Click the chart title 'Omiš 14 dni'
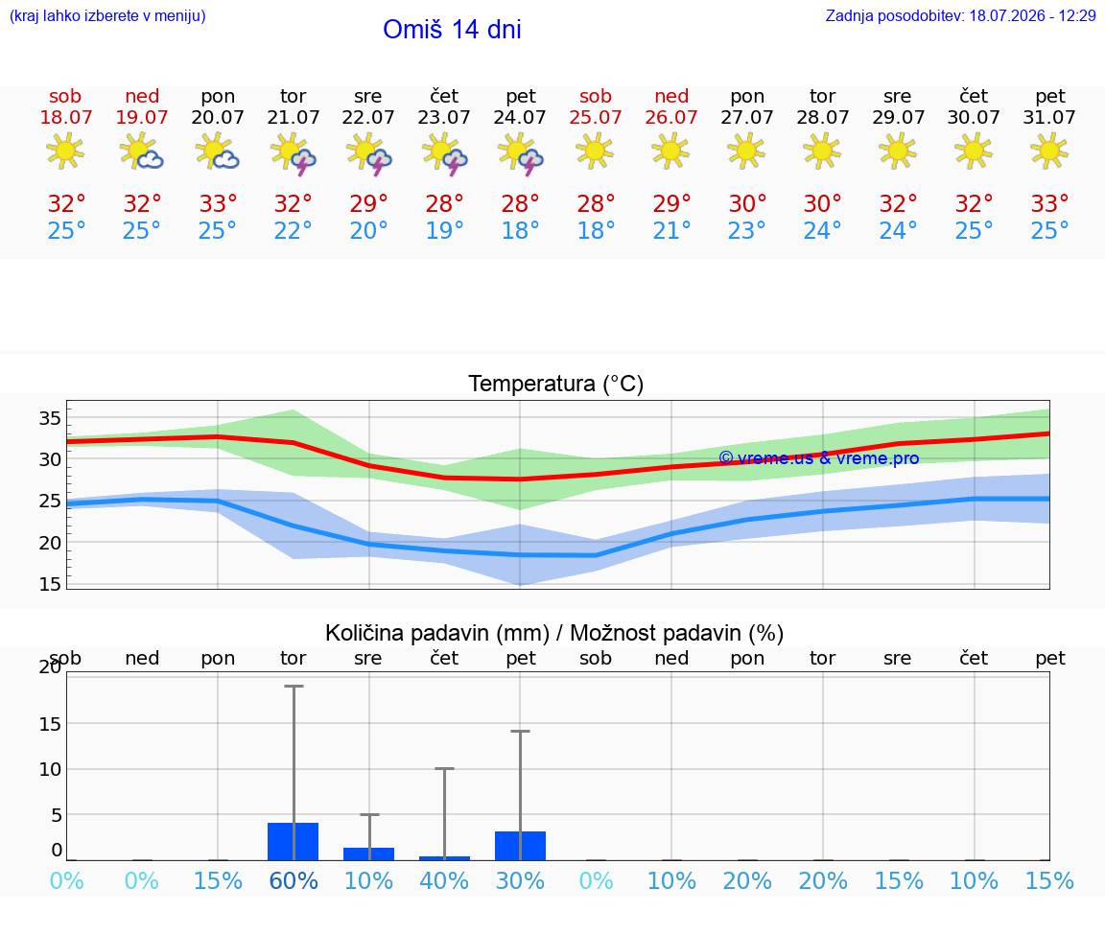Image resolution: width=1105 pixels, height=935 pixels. [452, 30]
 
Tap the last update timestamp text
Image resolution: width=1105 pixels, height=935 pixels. [960, 16]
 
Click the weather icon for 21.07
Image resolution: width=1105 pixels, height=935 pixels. [294, 153]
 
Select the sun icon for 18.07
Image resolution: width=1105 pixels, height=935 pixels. [65, 151]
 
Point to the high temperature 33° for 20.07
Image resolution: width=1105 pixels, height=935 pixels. [218, 203]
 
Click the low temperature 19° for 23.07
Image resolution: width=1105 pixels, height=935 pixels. [445, 230]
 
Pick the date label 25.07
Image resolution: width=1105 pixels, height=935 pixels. [596, 117]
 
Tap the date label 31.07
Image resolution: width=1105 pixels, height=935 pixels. [1049, 117]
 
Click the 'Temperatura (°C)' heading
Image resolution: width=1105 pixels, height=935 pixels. [556, 384]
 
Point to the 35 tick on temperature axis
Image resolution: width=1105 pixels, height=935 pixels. [50, 418]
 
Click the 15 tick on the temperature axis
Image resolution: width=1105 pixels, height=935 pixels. [50, 584]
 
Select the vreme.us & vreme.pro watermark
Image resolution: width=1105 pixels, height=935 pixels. [819, 458]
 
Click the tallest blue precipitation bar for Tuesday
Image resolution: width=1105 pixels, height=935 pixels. [294, 841]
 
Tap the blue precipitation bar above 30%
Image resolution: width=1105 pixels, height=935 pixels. [520, 846]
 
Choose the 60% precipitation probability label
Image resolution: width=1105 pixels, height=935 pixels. [294, 880]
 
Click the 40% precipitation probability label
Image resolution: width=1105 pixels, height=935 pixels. [445, 880]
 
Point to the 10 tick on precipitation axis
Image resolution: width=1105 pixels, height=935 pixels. [50, 769]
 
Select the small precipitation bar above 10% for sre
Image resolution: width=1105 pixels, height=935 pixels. [368, 854]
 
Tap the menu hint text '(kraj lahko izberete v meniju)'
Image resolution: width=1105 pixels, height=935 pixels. [107, 16]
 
